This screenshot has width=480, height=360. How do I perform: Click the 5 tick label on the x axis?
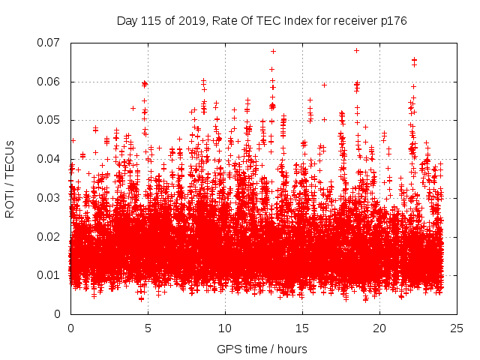[148, 328]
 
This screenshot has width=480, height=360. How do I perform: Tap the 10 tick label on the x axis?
[225, 328]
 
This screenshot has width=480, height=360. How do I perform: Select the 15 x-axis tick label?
[302, 328]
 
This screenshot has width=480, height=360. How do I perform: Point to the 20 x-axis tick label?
[379, 328]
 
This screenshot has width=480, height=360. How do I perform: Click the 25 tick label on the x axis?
[457, 328]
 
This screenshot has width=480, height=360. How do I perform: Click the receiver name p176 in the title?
[392, 21]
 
